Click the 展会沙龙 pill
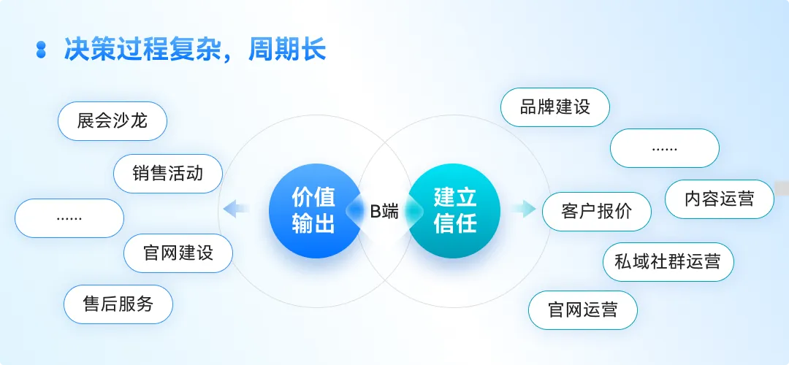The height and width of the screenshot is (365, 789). click(113, 121)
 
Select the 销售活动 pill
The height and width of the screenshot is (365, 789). click(168, 174)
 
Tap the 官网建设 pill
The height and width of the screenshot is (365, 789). click(178, 253)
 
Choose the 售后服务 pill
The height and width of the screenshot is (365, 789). click(118, 304)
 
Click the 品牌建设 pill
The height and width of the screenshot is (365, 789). click(555, 107)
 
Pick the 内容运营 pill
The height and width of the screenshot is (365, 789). click(719, 199)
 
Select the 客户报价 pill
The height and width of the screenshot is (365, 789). click(597, 212)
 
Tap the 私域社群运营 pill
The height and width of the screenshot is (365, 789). click(668, 261)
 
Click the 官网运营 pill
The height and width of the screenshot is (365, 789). click(583, 310)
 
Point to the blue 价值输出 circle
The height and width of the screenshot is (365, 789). click(314, 210)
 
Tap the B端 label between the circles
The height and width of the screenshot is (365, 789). click(384, 212)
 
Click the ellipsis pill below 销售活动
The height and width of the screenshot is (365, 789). click(69, 218)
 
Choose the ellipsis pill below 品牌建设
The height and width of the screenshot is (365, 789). click(665, 148)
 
